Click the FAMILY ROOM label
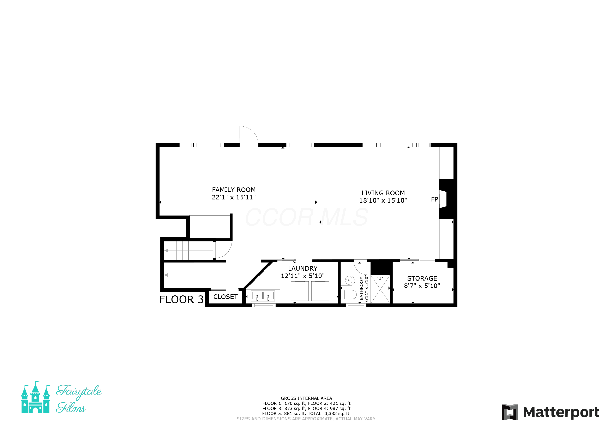pos(234,190)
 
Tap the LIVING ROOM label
pos(383,193)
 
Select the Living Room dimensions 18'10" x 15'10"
pos(383,200)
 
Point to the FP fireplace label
pos(434,199)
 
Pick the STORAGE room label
pos(422,278)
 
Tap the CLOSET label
pos(225,297)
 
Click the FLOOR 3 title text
pos(182,299)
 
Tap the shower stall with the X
pos(380,289)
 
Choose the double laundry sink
pos(263,296)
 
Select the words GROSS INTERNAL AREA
pos(306,398)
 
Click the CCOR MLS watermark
pos(307,217)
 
